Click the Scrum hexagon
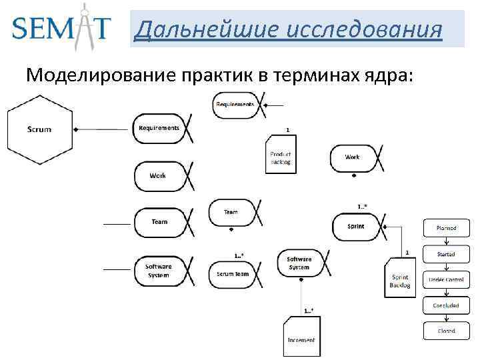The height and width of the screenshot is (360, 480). pos(39,129)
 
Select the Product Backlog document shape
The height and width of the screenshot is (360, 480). pos(281,157)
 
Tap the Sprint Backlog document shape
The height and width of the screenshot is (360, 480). pos(400,281)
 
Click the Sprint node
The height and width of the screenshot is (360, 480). pos(357,227)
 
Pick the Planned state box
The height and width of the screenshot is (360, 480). pos(446,228)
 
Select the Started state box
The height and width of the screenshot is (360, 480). pos(446,254)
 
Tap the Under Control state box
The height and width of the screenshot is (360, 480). pos(446,280)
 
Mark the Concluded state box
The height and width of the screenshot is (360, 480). pos(446,305)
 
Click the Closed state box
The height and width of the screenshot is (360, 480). pos(446,331)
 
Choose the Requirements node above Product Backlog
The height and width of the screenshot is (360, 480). pos(235,105)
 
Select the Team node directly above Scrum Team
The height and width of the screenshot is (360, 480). pos(231,212)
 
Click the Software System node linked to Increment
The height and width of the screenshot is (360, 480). pos(299,263)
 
